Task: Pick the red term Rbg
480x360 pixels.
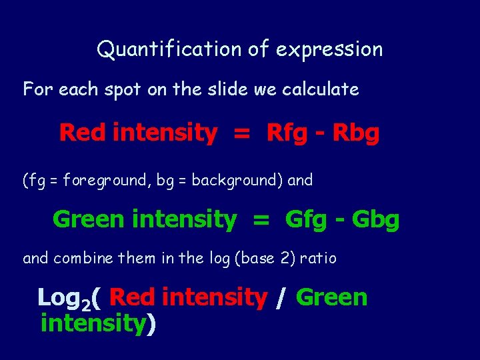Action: point(356,133)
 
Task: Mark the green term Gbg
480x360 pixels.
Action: point(375,219)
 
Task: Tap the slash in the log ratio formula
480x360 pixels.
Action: point(281,297)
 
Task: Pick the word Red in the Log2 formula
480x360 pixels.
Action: point(131,297)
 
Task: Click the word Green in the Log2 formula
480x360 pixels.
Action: point(331,297)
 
